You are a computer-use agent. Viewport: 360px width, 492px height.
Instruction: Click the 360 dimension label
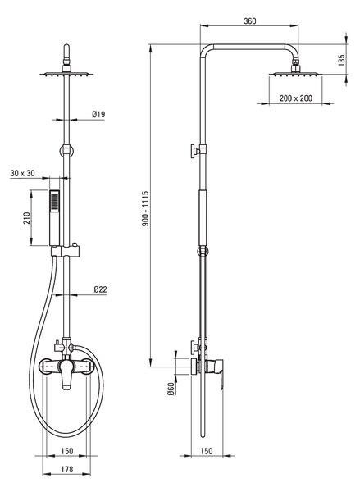(x=250, y=21)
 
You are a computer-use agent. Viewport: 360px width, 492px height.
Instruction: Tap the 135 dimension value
(x=341, y=60)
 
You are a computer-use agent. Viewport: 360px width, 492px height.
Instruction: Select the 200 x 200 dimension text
(x=296, y=98)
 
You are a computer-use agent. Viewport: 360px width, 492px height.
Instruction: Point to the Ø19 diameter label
(x=98, y=114)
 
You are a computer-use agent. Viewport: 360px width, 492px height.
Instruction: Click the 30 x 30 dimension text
(x=22, y=173)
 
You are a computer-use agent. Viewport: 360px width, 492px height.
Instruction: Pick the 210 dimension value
(x=27, y=218)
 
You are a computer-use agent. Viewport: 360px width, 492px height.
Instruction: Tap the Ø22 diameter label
(x=100, y=289)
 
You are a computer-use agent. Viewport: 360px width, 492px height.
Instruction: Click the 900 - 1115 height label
(x=144, y=208)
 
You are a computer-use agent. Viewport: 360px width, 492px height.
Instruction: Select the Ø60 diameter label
(x=171, y=389)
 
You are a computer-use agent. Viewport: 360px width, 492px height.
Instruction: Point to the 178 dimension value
(x=67, y=469)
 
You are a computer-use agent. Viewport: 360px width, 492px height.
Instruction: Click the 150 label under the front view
(x=67, y=451)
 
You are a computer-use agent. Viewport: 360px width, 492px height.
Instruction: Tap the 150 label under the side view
(x=206, y=451)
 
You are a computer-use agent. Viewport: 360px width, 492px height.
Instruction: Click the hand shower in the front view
(x=55, y=217)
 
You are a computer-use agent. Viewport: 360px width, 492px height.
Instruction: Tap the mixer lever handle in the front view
(x=66, y=375)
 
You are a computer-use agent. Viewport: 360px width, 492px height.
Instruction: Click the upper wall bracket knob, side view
(x=195, y=151)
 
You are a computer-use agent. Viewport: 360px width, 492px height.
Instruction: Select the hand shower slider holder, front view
(x=66, y=251)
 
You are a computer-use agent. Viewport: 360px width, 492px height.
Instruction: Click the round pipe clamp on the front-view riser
(x=66, y=151)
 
